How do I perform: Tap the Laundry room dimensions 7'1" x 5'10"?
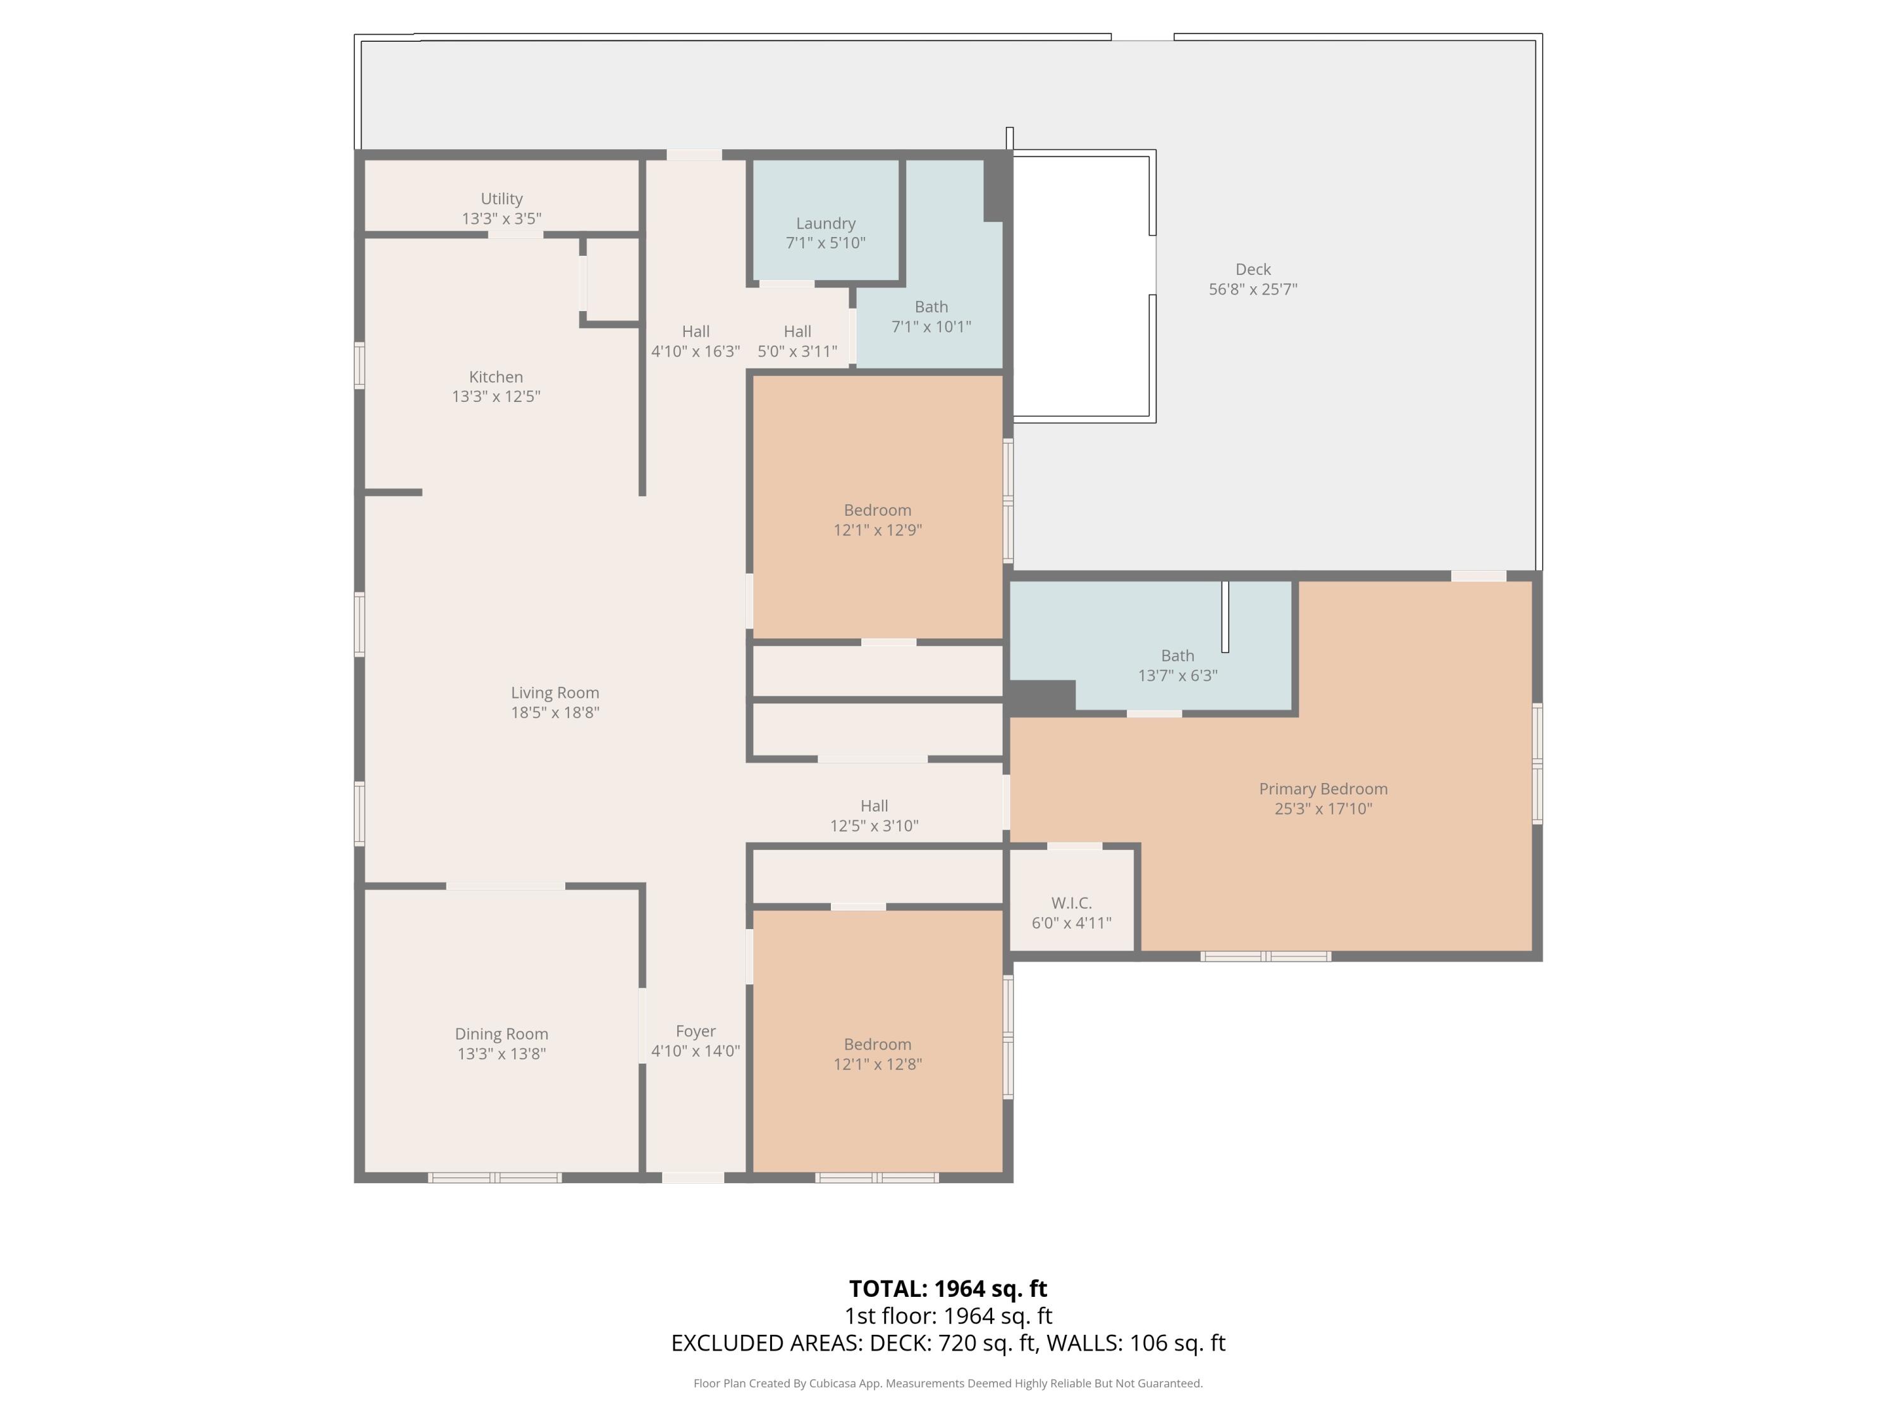[825, 243]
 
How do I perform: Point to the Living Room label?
[555, 693]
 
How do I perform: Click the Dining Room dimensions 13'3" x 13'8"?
[501, 1054]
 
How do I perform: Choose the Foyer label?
[696, 1031]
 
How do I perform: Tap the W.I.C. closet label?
[1071, 903]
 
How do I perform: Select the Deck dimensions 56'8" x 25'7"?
[1252, 289]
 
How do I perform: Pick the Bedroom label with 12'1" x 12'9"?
[877, 510]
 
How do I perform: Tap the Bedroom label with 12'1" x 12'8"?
[877, 1044]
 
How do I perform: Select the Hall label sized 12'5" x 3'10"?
[874, 806]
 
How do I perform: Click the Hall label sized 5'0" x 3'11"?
[797, 332]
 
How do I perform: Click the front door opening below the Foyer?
[693, 1177]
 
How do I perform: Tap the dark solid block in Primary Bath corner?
[1041, 697]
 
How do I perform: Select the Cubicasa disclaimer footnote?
[948, 1383]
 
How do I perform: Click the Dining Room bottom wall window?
[495, 1177]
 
